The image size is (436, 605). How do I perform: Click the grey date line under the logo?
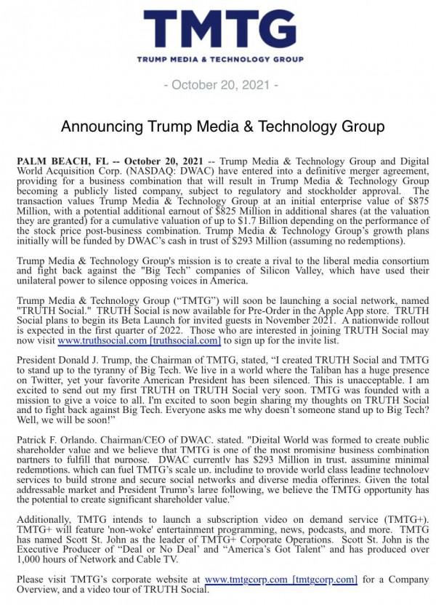pos(221,85)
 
